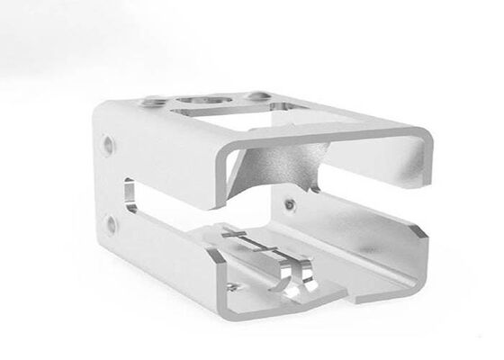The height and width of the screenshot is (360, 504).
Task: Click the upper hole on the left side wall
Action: pyautogui.click(x=110, y=142)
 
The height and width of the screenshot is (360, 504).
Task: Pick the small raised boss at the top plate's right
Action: pyautogui.click(x=258, y=94)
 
